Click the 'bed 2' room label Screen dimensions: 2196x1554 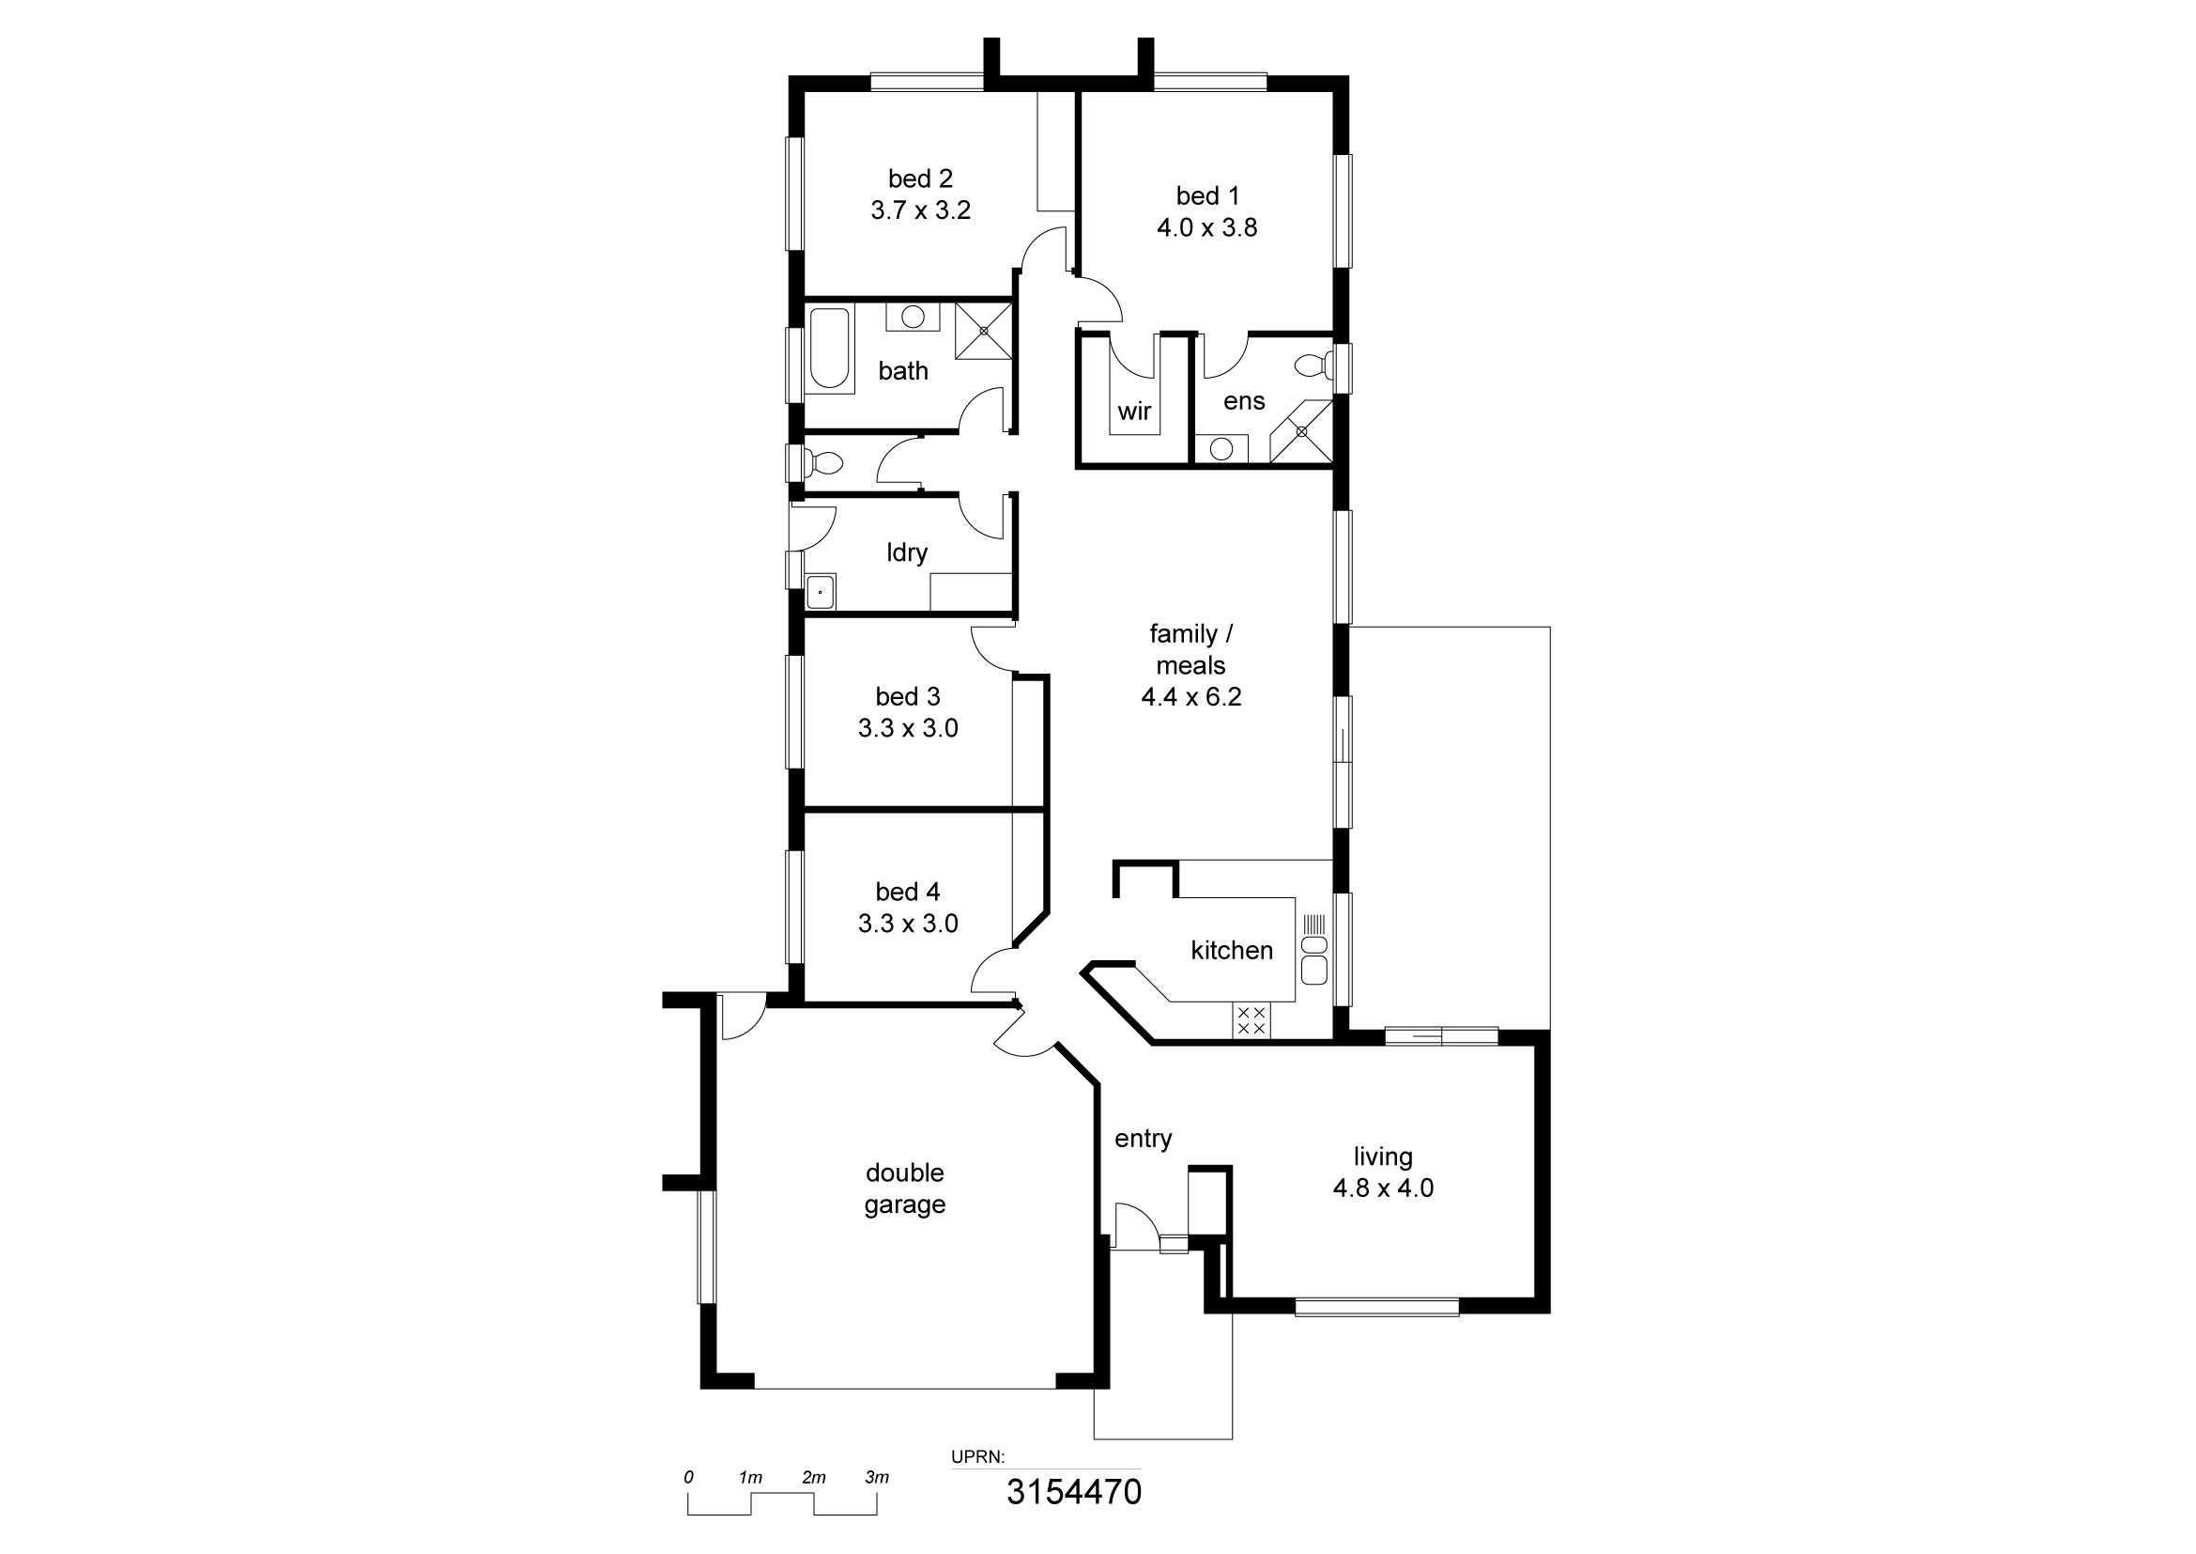(920, 179)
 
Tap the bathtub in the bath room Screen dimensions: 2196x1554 (830, 349)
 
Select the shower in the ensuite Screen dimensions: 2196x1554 (1300, 431)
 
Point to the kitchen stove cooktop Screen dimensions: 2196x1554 (1251, 1020)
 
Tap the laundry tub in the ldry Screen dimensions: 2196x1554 (821, 591)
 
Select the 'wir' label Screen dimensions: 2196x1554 (1134, 412)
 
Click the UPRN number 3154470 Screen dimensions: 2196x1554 (1074, 1492)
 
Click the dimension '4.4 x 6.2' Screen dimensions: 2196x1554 (1190, 696)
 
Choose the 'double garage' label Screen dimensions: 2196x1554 (905, 1189)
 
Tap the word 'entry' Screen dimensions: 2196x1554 (1143, 1139)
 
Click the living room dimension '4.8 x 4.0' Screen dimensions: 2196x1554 (1383, 1188)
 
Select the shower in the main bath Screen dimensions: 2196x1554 (983, 330)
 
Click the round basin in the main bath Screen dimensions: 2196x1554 (914, 316)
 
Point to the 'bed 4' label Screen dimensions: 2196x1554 (908, 892)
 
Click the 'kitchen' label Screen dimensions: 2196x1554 (1232, 950)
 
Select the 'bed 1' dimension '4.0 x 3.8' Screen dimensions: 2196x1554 (1207, 227)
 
